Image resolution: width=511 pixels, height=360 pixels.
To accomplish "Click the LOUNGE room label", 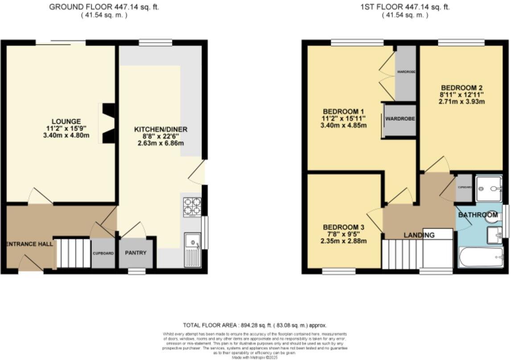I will coord(66,121).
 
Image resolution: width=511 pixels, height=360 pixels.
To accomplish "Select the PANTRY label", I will coord(136,253).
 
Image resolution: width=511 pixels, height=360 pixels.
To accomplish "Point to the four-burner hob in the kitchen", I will coord(193,206).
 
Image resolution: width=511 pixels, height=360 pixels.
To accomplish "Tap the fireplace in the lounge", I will coord(107,124).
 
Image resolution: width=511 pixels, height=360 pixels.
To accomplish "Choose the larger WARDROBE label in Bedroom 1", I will coord(400,119).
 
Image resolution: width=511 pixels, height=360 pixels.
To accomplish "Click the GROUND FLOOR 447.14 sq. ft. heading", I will coord(103,7).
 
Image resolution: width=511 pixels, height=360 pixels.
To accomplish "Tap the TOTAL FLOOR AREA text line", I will coord(257,325).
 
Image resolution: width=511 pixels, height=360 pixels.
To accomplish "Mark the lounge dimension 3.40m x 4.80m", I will coord(66,135).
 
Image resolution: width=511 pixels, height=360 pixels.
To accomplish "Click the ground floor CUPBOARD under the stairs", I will coord(103,254).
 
